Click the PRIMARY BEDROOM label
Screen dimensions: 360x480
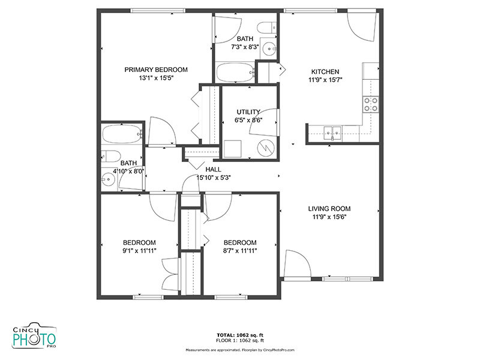pos(156,70)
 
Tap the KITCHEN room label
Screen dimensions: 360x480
pos(325,71)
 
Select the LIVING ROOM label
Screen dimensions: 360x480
pos(328,209)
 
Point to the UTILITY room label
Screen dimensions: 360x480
pos(248,112)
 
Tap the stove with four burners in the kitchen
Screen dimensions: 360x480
pos(371,105)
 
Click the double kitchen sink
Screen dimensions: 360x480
pos(332,131)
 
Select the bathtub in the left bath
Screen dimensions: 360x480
pos(121,134)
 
